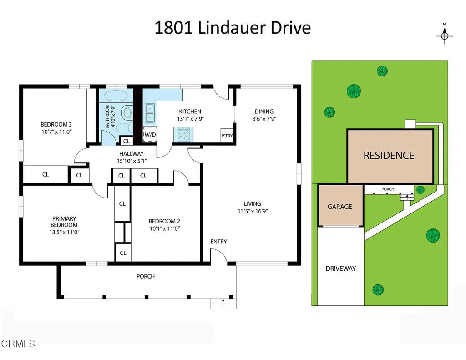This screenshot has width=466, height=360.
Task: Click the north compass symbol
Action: point(445,35)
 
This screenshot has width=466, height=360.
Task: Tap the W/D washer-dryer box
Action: point(150,135)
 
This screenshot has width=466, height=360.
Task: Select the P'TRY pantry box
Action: point(227,136)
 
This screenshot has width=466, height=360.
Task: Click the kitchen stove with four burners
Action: point(183,135)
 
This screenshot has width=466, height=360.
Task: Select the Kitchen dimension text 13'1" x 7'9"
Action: point(190,118)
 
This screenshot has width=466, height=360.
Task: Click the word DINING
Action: point(264,112)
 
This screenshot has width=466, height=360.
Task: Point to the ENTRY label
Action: point(218,242)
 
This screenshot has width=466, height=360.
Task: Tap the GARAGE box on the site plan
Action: point(340,206)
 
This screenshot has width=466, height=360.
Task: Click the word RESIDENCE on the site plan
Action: point(389,155)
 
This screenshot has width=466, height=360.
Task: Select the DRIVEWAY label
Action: point(340,269)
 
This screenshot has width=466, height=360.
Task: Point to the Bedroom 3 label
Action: point(56,124)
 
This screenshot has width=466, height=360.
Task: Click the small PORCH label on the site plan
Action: point(388,189)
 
